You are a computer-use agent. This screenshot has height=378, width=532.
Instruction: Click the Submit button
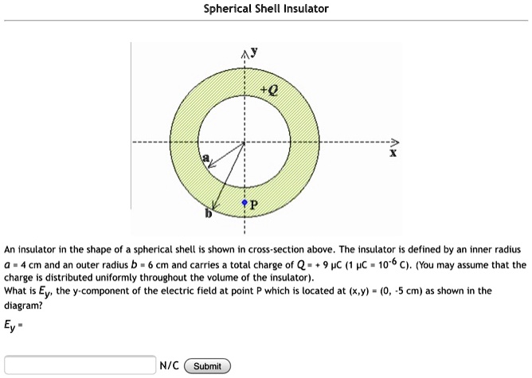[x=207, y=366]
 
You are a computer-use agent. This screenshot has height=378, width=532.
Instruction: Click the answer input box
[x=80, y=366]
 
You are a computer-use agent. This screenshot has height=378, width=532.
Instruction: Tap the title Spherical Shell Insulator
[x=266, y=9]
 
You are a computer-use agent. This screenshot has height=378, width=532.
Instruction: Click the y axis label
[x=255, y=51]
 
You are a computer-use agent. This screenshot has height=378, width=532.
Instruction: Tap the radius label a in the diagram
[x=206, y=158]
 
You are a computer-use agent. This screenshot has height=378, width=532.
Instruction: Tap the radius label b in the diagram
[x=209, y=213]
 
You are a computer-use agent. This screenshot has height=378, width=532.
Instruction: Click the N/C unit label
[x=168, y=366]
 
